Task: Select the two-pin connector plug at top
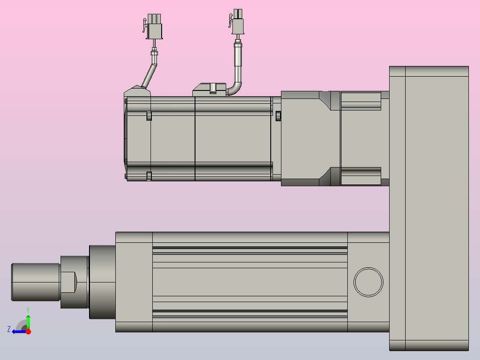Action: [x=236, y=22]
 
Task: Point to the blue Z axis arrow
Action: [x=19, y=331]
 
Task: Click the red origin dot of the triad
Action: [x=28, y=331]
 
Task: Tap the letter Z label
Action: [x=9, y=329]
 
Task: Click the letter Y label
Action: [x=28, y=310]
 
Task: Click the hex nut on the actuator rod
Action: [x=69, y=282]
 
